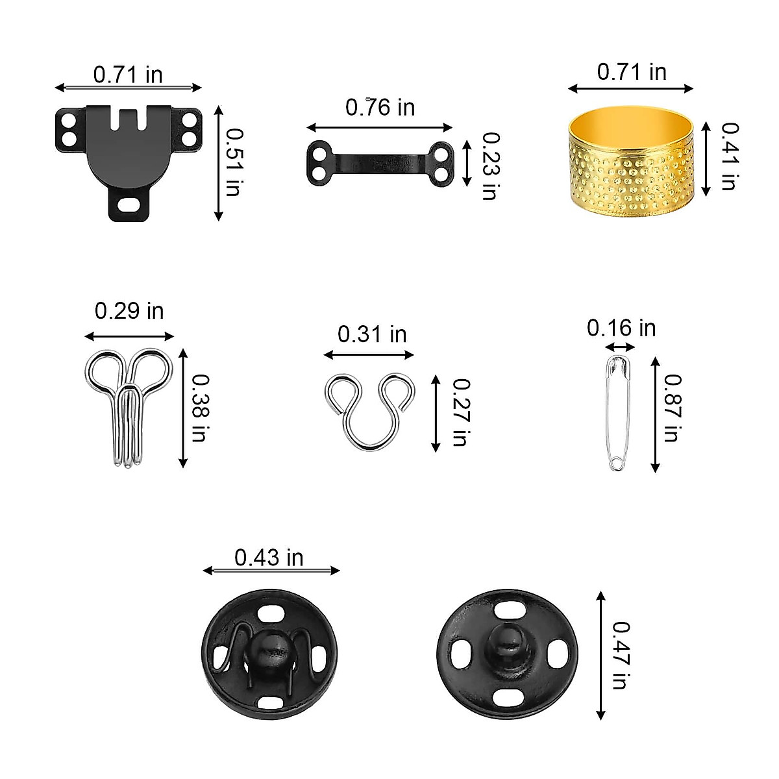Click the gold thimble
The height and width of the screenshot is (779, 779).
pyautogui.click(x=631, y=162)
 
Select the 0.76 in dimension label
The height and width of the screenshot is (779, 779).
pyautogui.click(x=380, y=108)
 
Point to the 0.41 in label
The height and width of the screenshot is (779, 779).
pyautogui.click(x=730, y=156)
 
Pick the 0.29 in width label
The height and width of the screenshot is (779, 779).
pyautogui.click(x=129, y=311)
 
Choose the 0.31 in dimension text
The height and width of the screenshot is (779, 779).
pyautogui.click(x=372, y=334)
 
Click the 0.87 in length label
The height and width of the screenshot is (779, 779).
pyautogui.click(x=673, y=408)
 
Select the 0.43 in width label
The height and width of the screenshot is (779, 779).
pyautogui.click(x=269, y=558)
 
